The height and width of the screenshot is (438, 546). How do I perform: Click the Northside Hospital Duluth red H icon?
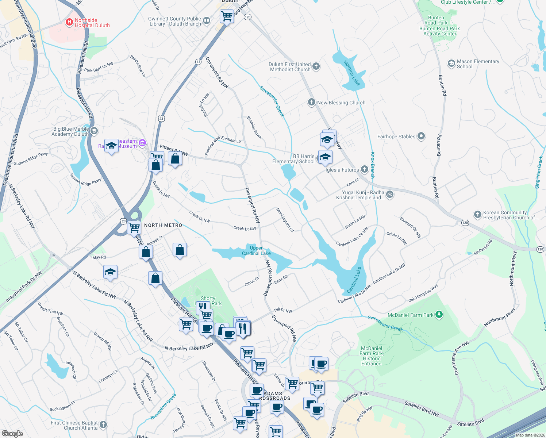pos(69,23)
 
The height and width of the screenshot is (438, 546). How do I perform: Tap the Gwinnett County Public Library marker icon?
pos(207,21)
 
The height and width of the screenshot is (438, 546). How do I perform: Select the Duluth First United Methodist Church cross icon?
pos(316,66)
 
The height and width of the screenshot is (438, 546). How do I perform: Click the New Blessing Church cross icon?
pos(311,102)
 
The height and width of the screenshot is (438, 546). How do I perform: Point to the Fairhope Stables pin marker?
pos(421,136)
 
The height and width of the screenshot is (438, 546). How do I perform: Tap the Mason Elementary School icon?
pos(451,64)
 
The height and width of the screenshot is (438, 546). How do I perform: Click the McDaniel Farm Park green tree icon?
pos(439,314)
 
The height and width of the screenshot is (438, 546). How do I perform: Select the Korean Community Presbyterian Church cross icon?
pos(478,215)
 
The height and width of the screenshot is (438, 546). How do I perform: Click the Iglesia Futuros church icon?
pos(365,169)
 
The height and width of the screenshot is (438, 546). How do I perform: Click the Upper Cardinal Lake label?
pos(256,251)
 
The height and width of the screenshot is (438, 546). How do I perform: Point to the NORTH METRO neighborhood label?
pos(163,225)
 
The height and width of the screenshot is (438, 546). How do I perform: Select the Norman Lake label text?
pos(352,73)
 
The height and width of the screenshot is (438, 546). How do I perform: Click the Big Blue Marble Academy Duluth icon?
pos(94,131)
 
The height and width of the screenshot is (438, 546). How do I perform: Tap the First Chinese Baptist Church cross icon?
pos(103,424)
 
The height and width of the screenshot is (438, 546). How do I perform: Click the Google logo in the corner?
pos(12,433)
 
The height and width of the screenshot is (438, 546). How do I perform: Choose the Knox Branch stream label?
pos(373,165)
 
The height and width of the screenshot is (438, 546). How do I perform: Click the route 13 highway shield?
pos(198,62)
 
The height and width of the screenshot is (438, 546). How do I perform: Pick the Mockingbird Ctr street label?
pos(285,220)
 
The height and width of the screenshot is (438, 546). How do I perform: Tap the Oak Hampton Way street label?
pos(423,293)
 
